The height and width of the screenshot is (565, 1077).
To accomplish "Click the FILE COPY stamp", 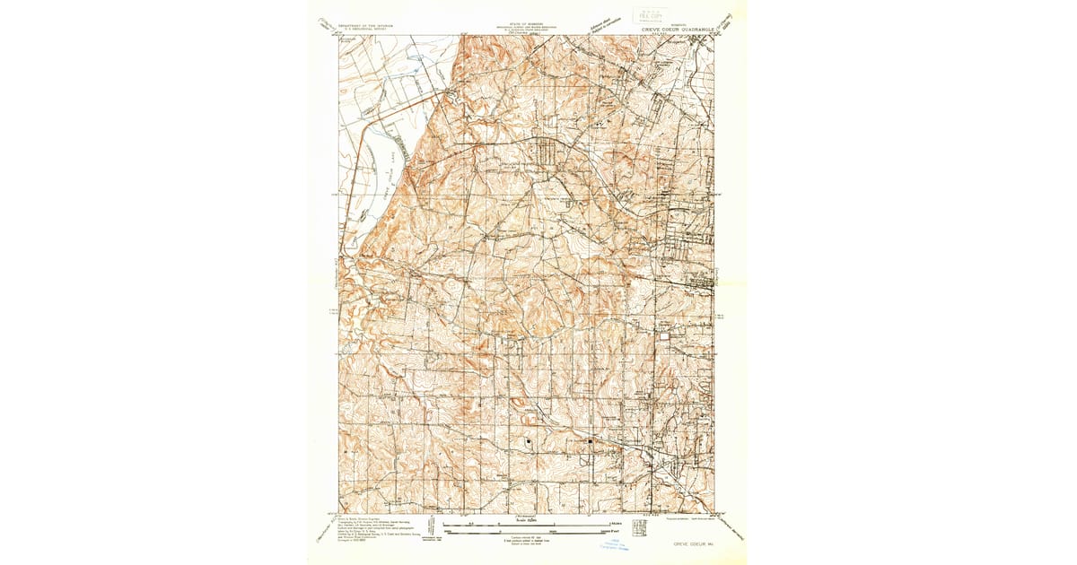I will click(x=644, y=14).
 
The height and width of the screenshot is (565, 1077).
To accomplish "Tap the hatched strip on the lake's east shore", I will click(x=403, y=153).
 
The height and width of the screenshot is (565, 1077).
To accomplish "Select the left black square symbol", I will click(x=530, y=440).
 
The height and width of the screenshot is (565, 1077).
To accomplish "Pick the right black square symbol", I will click(x=590, y=440).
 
